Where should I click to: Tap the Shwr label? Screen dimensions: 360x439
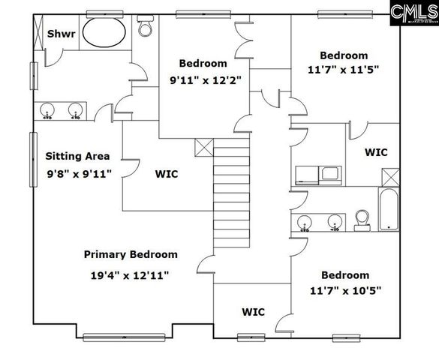coord(60,34)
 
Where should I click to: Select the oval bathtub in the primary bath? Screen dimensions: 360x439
coord(104,33)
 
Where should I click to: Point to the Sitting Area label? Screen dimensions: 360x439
coord(77,157)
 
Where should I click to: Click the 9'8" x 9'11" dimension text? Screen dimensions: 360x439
coord(78,174)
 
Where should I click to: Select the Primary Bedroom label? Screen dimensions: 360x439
coord(131,254)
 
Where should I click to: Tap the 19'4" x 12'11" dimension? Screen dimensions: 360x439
coord(131,274)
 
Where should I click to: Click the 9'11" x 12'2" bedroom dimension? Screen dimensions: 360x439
coord(203,81)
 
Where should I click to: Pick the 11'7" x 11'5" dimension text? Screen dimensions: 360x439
coord(344,70)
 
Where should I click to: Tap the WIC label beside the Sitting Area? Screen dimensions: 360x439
coord(167,174)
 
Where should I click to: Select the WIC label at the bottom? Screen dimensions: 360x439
coord(253,311)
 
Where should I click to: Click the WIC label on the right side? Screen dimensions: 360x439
coord(376,152)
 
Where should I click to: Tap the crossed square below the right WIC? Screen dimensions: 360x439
coord(389,178)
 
